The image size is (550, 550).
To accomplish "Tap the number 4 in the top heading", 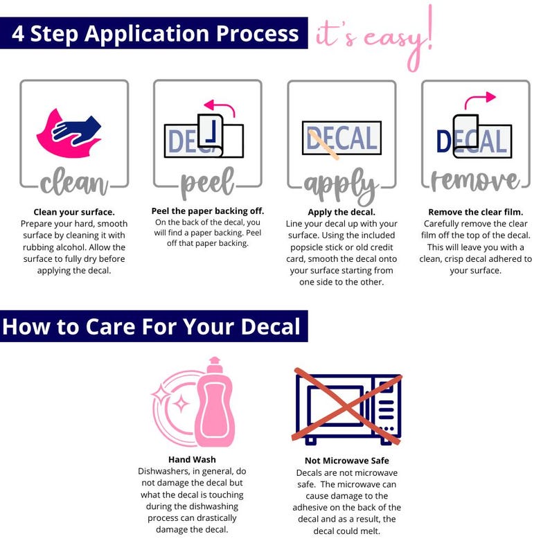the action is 18,34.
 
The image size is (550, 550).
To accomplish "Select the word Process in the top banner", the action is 257,33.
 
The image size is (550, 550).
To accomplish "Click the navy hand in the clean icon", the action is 76,130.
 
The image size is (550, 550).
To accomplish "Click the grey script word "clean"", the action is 74,181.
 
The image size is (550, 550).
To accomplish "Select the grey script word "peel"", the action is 207,182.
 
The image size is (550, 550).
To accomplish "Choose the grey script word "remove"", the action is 475,181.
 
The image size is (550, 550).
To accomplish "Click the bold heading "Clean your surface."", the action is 74,212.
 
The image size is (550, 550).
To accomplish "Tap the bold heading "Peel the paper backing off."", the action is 208,211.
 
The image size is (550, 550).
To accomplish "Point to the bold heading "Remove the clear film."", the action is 476,212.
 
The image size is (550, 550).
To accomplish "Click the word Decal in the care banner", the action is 270,326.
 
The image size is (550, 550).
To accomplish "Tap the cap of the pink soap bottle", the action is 215,365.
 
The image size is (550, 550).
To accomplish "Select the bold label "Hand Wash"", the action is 192,459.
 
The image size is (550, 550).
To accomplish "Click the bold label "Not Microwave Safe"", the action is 347,461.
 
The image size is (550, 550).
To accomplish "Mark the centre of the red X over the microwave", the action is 346,406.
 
